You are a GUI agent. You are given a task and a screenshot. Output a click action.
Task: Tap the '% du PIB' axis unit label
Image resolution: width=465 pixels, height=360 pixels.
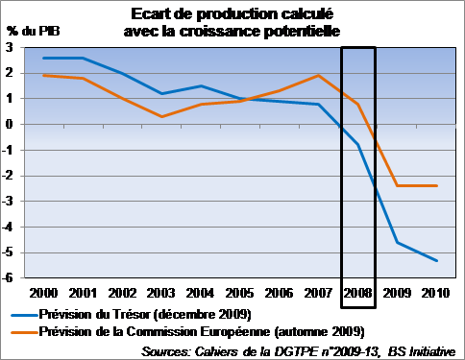(x=33, y=31)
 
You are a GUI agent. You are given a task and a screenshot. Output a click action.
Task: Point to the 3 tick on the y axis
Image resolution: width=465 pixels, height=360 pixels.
(x=10, y=47)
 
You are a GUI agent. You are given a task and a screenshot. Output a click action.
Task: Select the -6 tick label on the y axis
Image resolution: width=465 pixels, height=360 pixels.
(x=8, y=277)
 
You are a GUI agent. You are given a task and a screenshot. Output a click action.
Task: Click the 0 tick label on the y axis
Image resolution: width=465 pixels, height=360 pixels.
(x=10, y=124)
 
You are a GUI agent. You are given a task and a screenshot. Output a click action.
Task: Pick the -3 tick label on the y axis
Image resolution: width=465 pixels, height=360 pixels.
(x=8, y=201)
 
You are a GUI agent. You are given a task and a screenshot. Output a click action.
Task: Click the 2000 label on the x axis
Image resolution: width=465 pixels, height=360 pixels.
(x=43, y=293)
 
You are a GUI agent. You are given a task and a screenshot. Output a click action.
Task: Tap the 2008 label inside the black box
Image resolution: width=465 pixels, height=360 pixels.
(x=357, y=293)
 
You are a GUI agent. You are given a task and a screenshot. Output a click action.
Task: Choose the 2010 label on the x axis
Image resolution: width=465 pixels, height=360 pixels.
(x=436, y=293)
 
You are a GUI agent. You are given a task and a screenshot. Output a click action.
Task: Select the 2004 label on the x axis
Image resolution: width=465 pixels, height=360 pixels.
(x=200, y=293)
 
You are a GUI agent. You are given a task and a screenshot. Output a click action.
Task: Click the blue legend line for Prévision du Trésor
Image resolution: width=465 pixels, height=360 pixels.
(x=24, y=315)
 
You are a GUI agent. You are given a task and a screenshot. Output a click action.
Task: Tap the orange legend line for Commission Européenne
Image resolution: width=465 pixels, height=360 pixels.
(x=24, y=332)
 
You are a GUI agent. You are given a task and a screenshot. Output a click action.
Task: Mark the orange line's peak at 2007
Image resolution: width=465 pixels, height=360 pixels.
(x=318, y=76)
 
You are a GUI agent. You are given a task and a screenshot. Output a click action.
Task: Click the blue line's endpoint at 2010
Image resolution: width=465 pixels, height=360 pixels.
(x=437, y=261)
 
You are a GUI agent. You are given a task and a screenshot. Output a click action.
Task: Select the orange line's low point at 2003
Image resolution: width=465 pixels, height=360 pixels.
(x=161, y=116)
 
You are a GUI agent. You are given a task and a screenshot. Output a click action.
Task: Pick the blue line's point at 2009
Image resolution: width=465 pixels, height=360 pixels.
(x=397, y=242)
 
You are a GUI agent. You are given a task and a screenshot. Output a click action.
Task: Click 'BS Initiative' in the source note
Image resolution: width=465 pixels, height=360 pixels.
(x=422, y=351)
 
